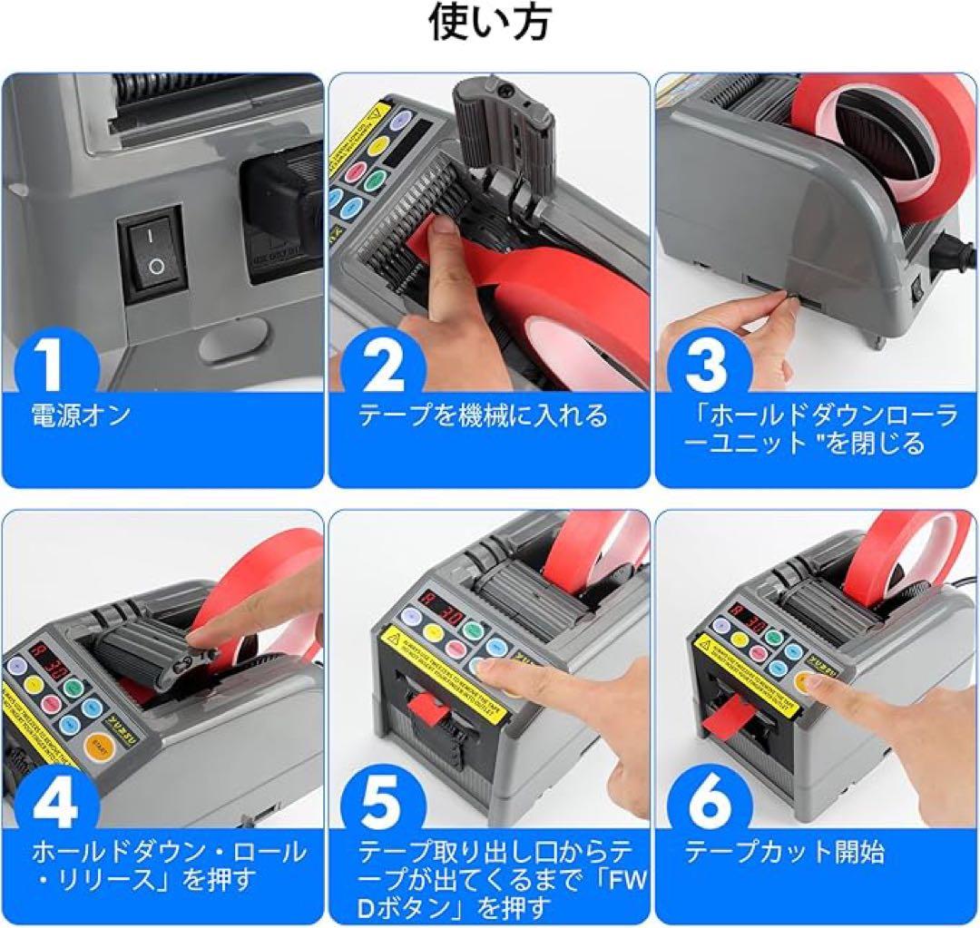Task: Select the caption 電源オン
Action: pos(81,416)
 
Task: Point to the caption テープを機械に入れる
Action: pos(483,416)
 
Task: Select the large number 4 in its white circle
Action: pos(56,803)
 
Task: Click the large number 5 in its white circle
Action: pos(382,803)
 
